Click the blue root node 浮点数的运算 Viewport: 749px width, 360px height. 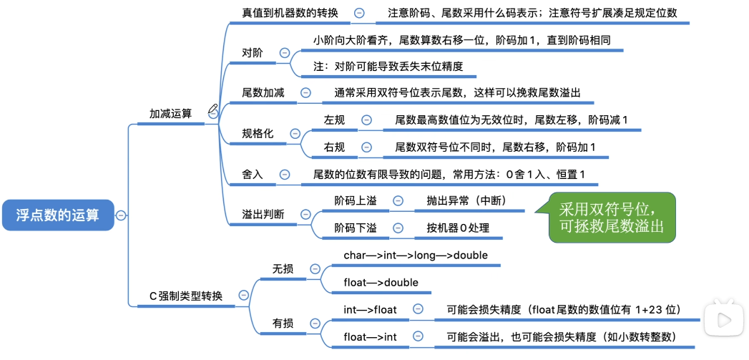pos(57,215)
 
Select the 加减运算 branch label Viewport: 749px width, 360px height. pos(170,114)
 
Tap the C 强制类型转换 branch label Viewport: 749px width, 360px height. pos(185,296)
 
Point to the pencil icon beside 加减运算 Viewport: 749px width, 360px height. pos(213,110)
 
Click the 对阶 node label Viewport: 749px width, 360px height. pos(253,53)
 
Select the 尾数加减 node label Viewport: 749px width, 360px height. pos(263,92)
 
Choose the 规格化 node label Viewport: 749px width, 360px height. pos(258,133)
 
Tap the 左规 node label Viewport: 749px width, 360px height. pos(334,120)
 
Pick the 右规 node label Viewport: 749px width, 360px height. pos(334,147)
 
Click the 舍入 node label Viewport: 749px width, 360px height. pos(253,174)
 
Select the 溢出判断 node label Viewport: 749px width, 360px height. pos(263,214)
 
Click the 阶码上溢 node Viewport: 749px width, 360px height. pos(356,201)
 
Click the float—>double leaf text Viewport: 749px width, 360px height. pos(381,282)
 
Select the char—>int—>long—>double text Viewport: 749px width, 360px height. pos(416,255)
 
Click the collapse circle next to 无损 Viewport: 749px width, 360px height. pos(315,269)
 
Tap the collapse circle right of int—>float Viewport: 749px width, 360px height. pos(418,309)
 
